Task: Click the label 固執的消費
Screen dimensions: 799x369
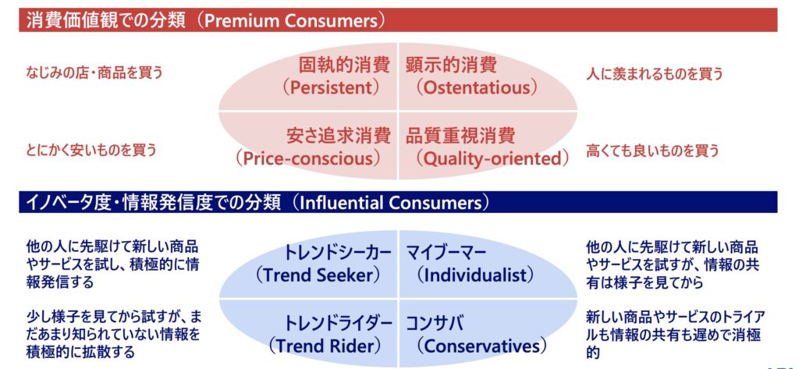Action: click(344, 66)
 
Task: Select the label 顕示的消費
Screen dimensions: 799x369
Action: click(452, 66)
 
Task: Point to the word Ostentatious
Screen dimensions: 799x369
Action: click(477, 88)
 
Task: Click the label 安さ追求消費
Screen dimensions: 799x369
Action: click(339, 136)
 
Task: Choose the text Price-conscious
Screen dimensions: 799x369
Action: click(308, 158)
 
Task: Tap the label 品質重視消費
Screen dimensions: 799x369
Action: click(460, 136)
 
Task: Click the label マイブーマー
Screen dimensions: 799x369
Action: click(447, 253)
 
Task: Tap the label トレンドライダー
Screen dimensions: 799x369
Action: click(338, 324)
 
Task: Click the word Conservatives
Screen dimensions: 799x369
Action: click(481, 346)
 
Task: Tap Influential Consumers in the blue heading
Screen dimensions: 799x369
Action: click(391, 202)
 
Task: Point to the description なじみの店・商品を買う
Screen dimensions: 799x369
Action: click(94, 73)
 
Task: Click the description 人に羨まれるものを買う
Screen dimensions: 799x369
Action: click(655, 74)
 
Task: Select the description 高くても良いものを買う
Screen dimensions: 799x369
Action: click(653, 151)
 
